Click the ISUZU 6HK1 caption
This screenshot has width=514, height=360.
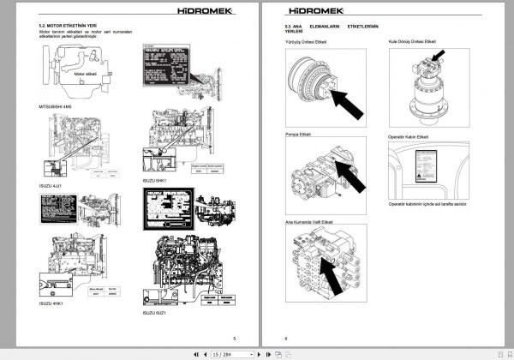tap(152, 181)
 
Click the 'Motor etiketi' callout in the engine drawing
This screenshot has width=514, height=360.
tap(88, 75)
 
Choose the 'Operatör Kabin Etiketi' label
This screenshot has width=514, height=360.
tap(411, 135)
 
